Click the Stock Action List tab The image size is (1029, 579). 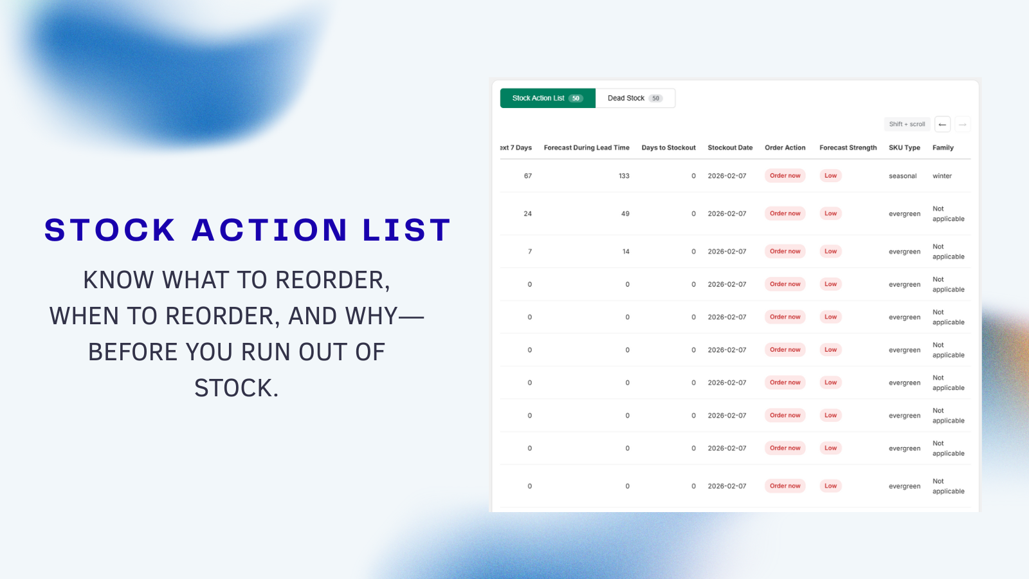547,98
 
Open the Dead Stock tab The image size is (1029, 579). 635,98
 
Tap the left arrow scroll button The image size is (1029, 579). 942,124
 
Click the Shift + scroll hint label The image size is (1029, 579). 907,124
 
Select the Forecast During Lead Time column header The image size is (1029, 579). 587,148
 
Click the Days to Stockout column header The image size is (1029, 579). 668,148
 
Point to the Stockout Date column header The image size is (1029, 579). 730,148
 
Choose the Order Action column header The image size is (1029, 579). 785,148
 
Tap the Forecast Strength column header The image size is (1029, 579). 848,148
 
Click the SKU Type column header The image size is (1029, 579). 904,148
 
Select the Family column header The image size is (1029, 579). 943,148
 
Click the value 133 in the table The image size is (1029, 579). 624,176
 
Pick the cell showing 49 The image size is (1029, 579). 625,214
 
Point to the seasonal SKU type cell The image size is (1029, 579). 902,176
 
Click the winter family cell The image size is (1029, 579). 942,176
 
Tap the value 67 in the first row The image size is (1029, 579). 527,176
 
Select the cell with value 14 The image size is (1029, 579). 626,252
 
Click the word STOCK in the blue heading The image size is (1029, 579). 110,230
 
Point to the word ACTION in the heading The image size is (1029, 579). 269,230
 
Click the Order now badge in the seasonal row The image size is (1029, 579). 785,176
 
